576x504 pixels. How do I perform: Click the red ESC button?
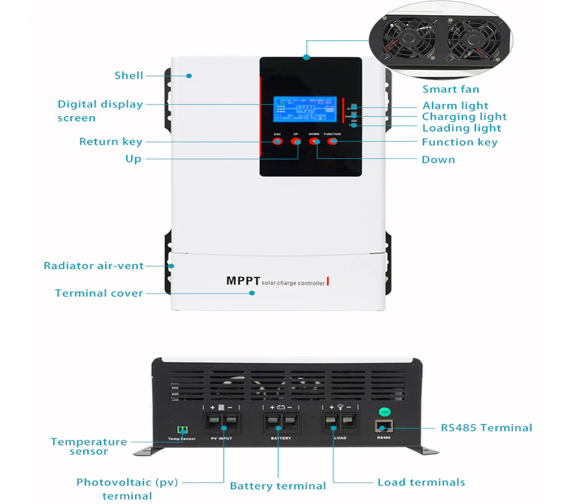[x=277, y=141]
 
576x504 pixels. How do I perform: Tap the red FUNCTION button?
[x=333, y=141]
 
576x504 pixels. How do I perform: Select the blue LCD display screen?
[x=305, y=109]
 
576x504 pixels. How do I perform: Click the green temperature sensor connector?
[x=183, y=430]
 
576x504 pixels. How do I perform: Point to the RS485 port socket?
[x=384, y=427]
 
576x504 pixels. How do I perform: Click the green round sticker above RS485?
[x=385, y=412]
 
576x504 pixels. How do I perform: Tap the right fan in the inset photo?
[x=473, y=40]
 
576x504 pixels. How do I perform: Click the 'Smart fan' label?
[x=450, y=89]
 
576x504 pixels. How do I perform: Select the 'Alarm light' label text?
[x=455, y=105]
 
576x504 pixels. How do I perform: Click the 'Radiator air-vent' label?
[x=94, y=266]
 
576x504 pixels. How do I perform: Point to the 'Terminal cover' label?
[x=99, y=293]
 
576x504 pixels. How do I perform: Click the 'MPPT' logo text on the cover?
[x=243, y=281]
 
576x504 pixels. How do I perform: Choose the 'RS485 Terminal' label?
[x=486, y=428]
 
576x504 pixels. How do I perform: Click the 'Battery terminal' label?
[x=278, y=486]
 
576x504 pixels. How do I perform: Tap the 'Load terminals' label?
[x=421, y=482]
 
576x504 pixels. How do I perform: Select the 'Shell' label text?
[x=129, y=76]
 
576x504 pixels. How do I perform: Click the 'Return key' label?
[x=111, y=141]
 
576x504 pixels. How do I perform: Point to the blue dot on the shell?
[x=189, y=76]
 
